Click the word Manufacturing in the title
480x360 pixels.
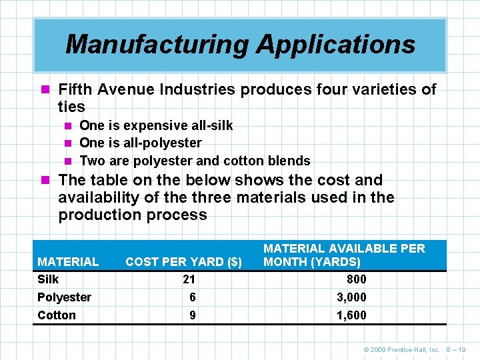click(157, 45)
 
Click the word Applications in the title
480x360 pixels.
click(336, 45)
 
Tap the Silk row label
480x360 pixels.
click(48, 279)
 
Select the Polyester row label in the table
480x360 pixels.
click(64, 297)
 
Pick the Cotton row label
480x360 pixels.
click(57, 315)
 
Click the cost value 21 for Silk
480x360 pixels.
click(192, 279)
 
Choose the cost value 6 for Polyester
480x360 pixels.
click(192, 297)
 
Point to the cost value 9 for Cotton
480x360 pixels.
click(192, 315)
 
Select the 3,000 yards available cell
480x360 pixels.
click(351, 297)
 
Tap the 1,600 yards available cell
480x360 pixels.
click(351, 315)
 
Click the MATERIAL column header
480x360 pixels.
click(68, 262)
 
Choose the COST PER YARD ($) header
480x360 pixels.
click(183, 262)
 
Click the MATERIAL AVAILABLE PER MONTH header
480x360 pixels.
click(344, 255)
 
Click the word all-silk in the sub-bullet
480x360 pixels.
click(210, 125)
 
